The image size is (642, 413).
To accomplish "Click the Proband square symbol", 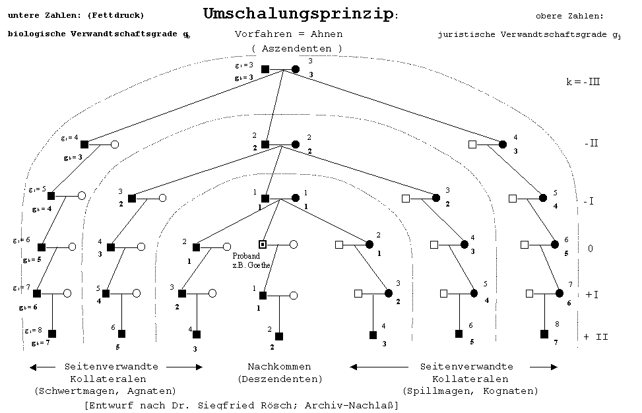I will (x=263, y=244).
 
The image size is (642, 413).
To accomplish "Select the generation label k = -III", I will (x=583, y=82).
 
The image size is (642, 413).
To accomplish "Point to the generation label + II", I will (x=595, y=336).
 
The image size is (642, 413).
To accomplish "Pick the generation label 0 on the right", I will (x=590, y=248).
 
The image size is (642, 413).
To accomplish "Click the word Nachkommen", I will (x=279, y=366).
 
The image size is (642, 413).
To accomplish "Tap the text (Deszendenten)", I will (x=280, y=379).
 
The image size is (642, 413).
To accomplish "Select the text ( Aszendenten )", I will (x=297, y=48).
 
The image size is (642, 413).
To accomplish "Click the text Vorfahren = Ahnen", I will (x=288, y=34).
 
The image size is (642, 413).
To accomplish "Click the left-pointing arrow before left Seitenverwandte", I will (x=42, y=367).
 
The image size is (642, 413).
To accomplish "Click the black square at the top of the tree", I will (x=265, y=69).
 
